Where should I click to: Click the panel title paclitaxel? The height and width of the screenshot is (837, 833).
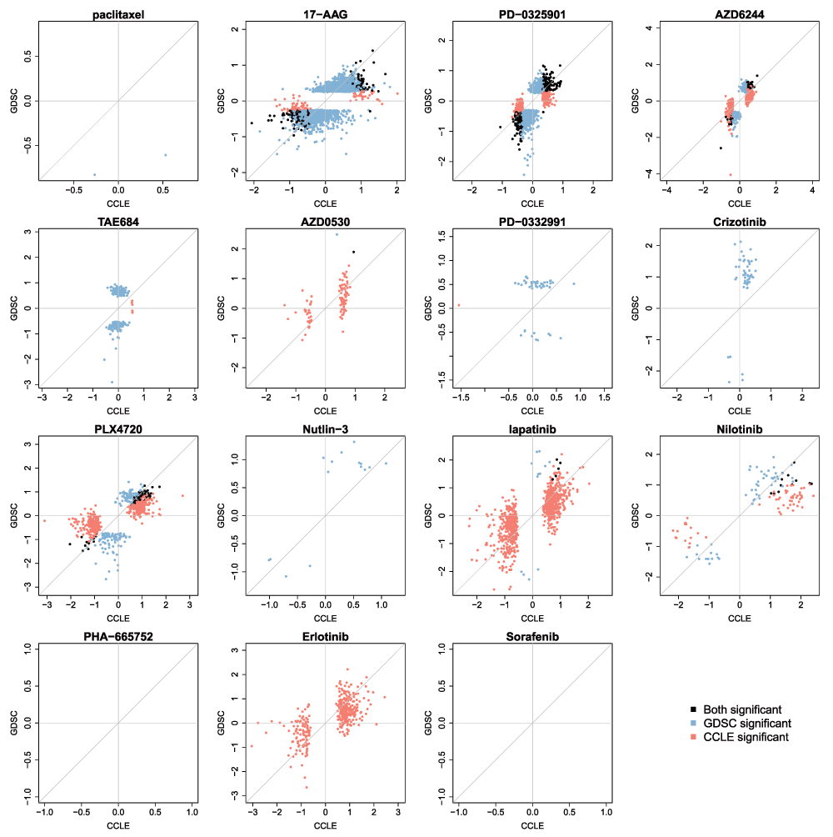(118, 14)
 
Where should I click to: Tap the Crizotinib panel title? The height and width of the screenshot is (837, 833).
(740, 222)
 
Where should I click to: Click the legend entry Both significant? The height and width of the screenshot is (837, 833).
(741, 709)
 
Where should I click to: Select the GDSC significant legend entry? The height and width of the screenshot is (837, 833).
(746, 724)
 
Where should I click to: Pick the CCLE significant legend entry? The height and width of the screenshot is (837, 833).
(746, 737)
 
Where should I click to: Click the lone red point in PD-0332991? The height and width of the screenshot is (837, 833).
(458, 305)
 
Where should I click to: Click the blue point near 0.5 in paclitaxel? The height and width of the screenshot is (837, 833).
(165, 155)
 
